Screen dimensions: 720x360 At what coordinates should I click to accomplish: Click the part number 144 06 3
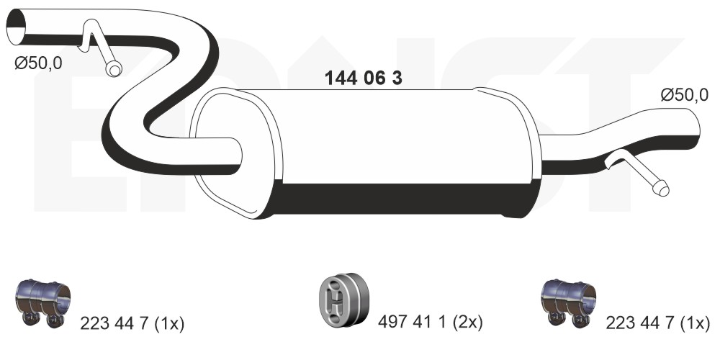[x=363, y=78]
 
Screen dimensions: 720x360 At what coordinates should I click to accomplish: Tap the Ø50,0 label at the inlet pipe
[x=38, y=63]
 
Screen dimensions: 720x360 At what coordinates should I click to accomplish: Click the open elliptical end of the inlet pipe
[x=17, y=27]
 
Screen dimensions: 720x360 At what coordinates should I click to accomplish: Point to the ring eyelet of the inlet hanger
[x=114, y=69]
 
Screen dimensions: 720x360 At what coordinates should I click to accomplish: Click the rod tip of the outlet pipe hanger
[x=661, y=189]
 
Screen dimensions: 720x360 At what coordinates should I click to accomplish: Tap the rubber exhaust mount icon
[x=344, y=300]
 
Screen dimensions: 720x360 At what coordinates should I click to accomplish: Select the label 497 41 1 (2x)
[x=431, y=323]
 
